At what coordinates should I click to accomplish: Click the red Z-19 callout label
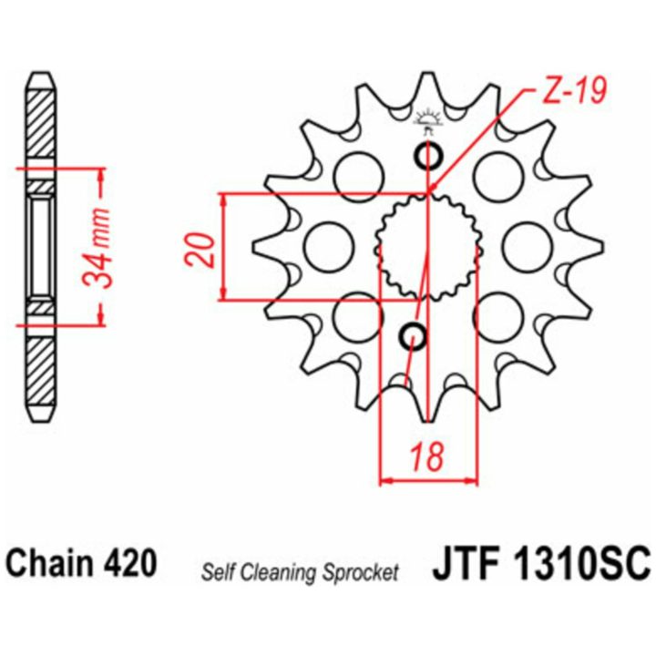click(x=574, y=93)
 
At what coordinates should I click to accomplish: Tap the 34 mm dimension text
click(x=97, y=247)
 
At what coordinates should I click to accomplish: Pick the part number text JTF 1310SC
click(x=541, y=564)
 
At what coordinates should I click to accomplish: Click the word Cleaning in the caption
click(x=282, y=573)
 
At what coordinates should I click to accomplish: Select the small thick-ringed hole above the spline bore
click(x=427, y=156)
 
